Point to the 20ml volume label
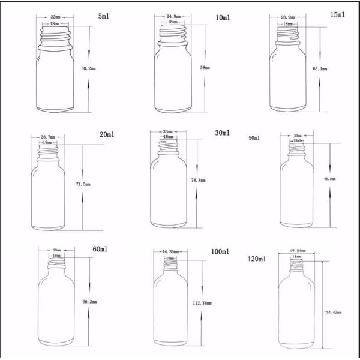click(107, 135)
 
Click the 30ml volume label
click(221, 133)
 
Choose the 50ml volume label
click(254, 138)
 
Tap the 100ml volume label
click(220, 251)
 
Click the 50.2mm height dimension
click(89, 68)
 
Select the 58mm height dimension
click(205, 67)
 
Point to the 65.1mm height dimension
click(320, 70)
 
